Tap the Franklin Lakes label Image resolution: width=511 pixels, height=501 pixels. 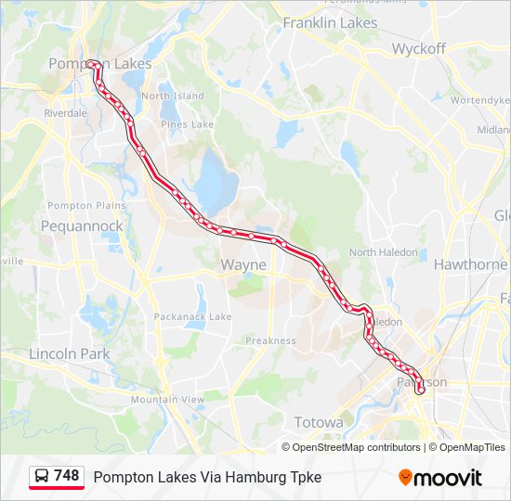[x=330, y=22]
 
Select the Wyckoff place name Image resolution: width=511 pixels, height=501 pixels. [x=418, y=48]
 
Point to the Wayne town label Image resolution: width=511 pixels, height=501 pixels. [x=243, y=264]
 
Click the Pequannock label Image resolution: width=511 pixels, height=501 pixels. [x=82, y=225]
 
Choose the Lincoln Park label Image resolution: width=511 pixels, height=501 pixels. [x=69, y=353]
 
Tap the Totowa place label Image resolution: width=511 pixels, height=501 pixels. [x=319, y=422]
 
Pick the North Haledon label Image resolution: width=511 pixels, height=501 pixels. [x=376, y=252]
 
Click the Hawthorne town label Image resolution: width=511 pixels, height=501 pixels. [x=470, y=264]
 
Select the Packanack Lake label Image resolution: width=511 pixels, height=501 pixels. [x=193, y=316]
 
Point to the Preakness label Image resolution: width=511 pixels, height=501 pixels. [x=270, y=340]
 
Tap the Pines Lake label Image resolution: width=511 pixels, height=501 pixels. [x=187, y=124]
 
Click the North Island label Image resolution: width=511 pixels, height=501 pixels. [x=173, y=96]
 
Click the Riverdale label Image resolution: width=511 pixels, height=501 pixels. [x=65, y=112]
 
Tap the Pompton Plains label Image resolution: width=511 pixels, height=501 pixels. [x=82, y=205]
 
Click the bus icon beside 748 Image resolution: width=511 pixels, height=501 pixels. [x=42, y=476]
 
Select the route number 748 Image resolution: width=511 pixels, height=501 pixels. [x=67, y=476]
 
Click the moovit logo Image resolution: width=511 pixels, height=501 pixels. [x=440, y=478]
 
